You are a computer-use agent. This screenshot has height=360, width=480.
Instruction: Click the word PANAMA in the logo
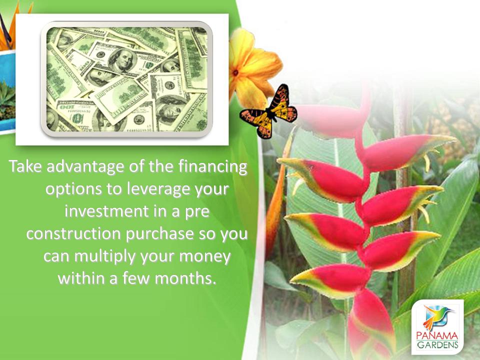click(x=437, y=336)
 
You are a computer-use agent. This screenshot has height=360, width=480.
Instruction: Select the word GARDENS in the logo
click(x=437, y=345)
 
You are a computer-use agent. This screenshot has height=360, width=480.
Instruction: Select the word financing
click(x=212, y=167)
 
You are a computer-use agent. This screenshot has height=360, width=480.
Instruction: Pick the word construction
click(x=74, y=234)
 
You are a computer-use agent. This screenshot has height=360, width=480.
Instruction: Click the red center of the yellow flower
click(x=235, y=73)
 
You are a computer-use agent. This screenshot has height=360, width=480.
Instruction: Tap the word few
click(x=136, y=278)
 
